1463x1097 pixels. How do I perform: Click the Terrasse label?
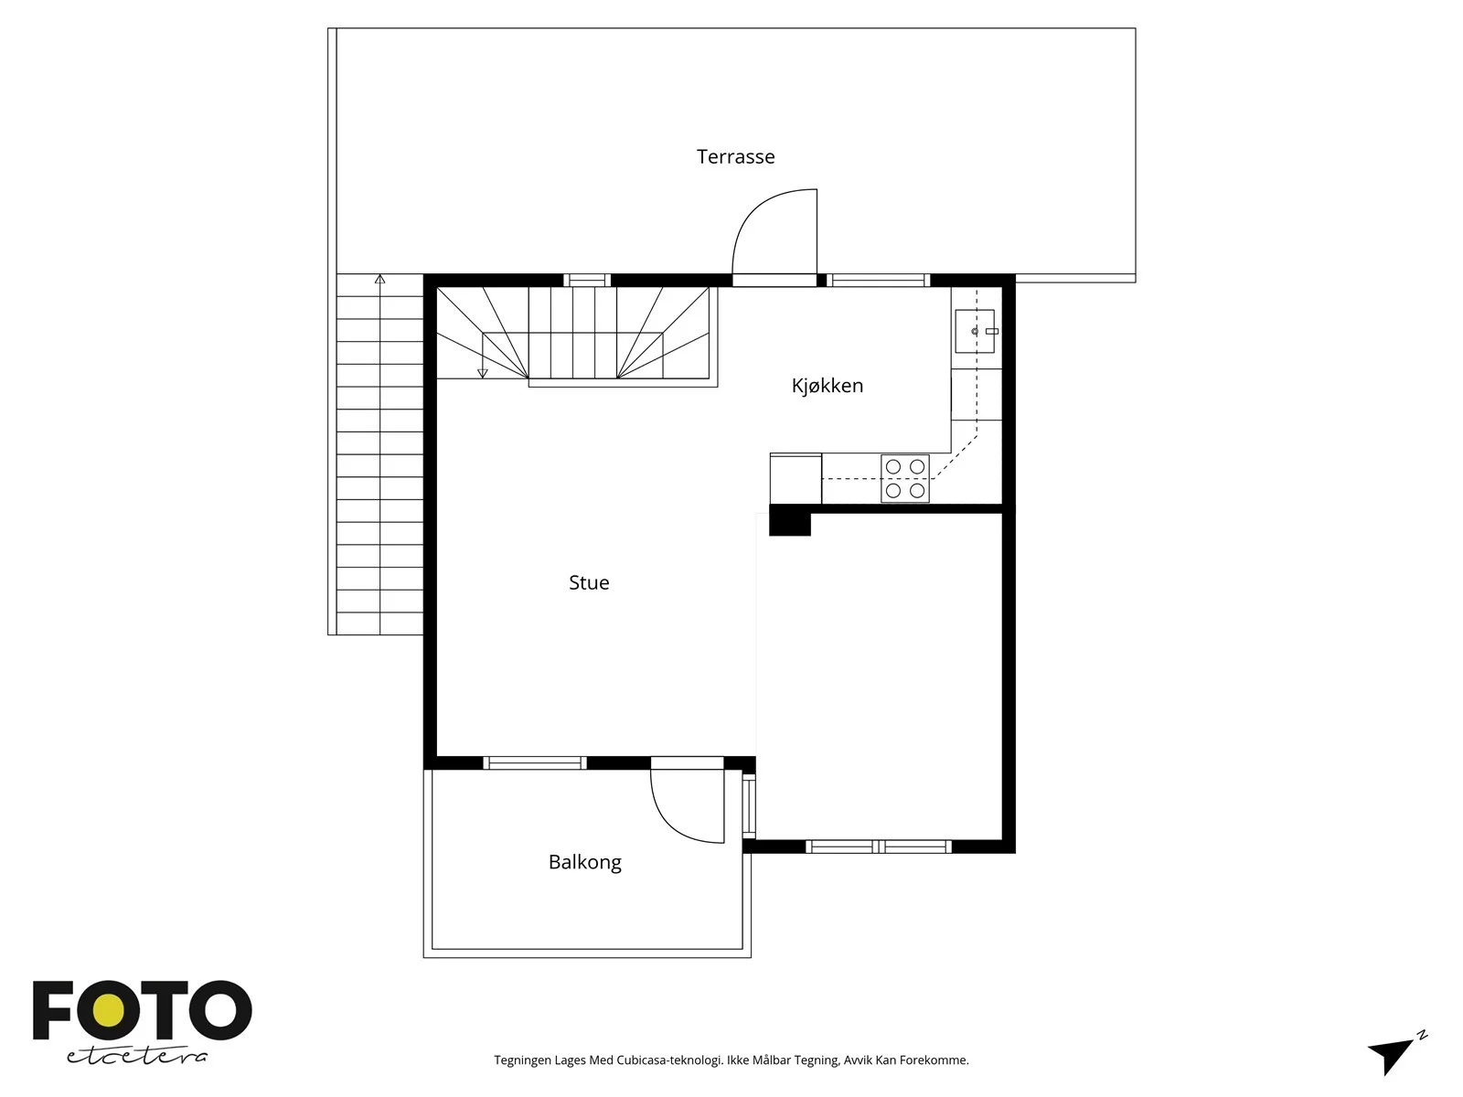[x=735, y=156]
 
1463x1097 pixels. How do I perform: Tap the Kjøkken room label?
[x=828, y=385]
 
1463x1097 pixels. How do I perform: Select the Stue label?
[x=589, y=583]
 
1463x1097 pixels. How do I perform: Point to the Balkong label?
[x=584, y=862]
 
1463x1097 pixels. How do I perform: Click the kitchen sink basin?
[x=975, y=330]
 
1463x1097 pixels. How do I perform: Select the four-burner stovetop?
[x=905, y=478]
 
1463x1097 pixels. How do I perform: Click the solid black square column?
[x=790, y=520]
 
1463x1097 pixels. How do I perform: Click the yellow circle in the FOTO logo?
[x=108, y=1012]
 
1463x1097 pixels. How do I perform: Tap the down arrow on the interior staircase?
[x=483, y=373]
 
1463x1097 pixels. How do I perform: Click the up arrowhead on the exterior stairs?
[x=379, y=279]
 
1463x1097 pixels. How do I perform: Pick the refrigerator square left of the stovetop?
[x=796, y=478]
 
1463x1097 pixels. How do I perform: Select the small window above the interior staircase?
[x=587, y=281]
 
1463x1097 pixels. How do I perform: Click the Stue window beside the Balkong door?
[x=535, y=762]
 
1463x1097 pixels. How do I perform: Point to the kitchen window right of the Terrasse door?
[x=879, y=281]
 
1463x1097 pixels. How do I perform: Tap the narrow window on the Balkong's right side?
[x=749, y=806]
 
